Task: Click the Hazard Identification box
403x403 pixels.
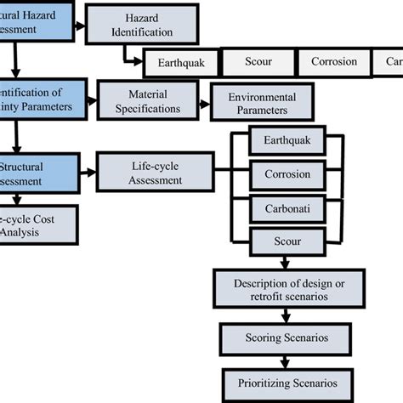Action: click(x=143, y=24)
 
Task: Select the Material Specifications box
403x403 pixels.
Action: click(x=152, y=101)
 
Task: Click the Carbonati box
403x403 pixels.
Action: click(x=287, y=209)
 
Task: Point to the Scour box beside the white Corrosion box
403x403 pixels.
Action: click(x=258, y=62)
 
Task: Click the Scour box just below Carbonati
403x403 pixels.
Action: click(x=287, y=241)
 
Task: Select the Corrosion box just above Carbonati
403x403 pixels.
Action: click(x=287, y=175)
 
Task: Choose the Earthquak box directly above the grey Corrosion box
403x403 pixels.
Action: click(x=287, y=141)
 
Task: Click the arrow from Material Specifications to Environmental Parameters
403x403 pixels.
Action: click(x=204, y=102)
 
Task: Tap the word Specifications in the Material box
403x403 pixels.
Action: click(x=153, y=109)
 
